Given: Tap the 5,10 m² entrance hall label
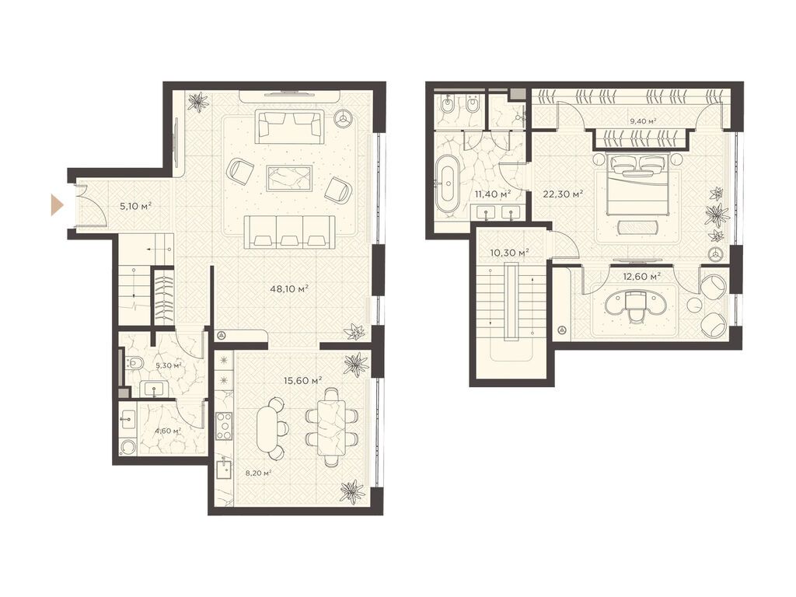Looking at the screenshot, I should [135, 207].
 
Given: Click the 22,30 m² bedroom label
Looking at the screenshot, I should [566, 194].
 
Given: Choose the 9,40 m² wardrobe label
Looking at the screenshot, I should [642, 120].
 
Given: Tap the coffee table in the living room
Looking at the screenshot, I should [289, 178].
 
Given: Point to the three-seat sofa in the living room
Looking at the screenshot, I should [289, 230].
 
